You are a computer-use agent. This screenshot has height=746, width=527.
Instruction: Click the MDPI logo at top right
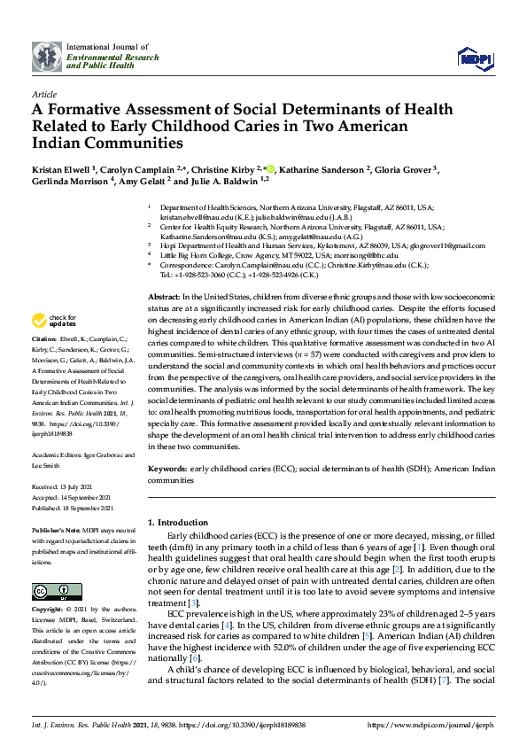click(x=475, y=58)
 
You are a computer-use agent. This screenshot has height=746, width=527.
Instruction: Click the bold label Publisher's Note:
click(x=58, y=527)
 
